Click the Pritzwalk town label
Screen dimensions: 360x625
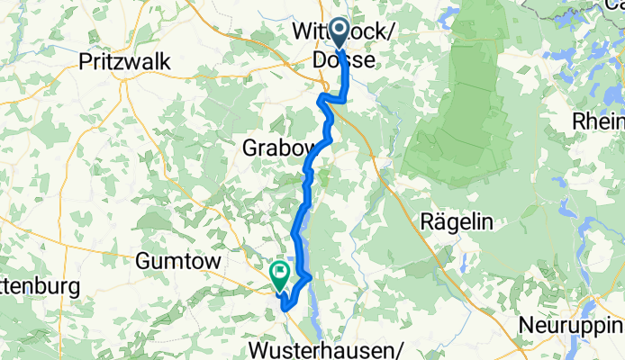click(x=125, y=61)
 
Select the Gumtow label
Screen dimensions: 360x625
click(x=177, y=260)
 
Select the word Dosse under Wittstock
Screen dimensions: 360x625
click(x=338, y=58)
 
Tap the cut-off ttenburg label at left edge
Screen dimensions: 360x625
click(x=40, y=287)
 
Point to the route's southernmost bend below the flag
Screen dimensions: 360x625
click(x=285, y=307)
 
